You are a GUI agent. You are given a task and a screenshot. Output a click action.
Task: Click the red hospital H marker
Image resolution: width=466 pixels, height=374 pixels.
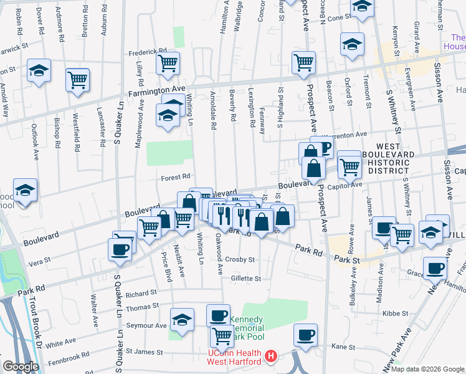pos(271,357)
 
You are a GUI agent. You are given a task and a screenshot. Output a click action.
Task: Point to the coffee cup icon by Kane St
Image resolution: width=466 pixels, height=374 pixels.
pos(305,335)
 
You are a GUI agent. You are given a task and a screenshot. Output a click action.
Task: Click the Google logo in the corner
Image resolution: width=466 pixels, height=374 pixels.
pos(21,367)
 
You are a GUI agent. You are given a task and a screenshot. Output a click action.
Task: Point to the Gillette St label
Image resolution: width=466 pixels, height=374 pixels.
pos(245,279)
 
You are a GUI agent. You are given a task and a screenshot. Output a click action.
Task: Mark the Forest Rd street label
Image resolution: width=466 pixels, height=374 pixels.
pos(176,177)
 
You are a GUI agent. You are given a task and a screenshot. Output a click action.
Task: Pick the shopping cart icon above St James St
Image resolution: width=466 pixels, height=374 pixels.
pos(222,336)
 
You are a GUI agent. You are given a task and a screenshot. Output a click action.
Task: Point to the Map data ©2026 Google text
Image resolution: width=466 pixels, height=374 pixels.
pos(428,369)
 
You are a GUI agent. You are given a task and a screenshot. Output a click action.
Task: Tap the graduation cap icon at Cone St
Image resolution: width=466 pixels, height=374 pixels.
pos(361,7)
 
